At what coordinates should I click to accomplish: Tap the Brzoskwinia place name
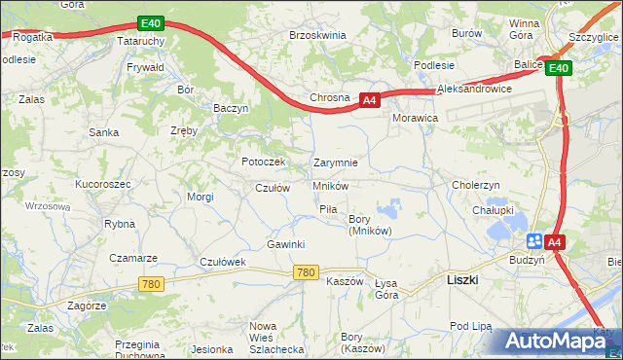click(318, 34)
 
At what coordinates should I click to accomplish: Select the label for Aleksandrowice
click(475, 89)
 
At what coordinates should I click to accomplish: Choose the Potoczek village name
click(263, 162)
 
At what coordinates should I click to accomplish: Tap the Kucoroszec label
click(101, 183)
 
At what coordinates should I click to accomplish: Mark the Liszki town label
click(461, 278)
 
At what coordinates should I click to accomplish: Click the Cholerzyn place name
click(476, 184)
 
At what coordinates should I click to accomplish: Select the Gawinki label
click(286, 243)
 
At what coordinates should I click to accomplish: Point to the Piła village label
click(328, 209)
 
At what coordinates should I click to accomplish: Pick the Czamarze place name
click(133, 258)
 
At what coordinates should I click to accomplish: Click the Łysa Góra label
click(386, 288)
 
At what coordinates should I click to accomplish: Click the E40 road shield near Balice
click(557, 68)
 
